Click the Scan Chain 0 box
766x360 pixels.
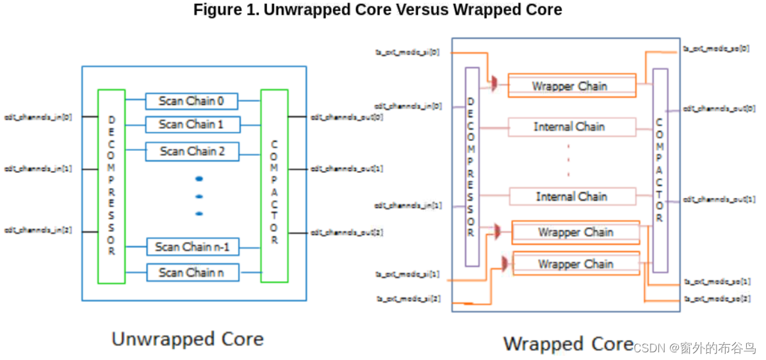click(x=191, y=101)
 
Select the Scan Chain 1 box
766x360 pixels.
click(x=191, y=124)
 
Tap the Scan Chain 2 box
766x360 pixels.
click(x=191, y=151)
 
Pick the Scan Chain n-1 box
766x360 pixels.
click(x=191, y=247)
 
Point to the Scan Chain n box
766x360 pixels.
click(x=191, y=272)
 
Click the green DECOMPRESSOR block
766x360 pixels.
click(x=111, y=186)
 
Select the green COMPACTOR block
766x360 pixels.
click(x=274, y=186)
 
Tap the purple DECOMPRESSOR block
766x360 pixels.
click(x=471, y=167)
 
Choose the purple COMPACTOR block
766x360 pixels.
click(x=660, y=170)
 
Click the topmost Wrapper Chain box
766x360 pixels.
click(x=571, y=86)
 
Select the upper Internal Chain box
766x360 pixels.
click(x=571, y=127)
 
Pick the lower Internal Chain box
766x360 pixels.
click(x=571, y=197)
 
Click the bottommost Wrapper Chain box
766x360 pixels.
click(x=576, y=264)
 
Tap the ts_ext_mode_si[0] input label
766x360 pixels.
click(x=407, y=52)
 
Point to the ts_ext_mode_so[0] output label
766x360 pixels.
click(x=716, y=49)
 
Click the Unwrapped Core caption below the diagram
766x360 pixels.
click(x=188, y=338)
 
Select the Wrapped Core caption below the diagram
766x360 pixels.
click(x=568, y=343)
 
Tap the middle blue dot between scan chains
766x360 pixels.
click(x=199, y=196)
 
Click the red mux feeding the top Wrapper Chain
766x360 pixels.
click(x=495, y=84)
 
